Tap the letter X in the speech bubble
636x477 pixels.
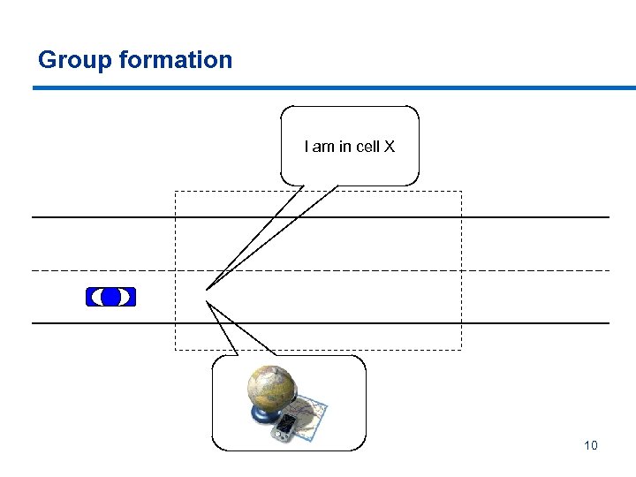(x=389, y=147)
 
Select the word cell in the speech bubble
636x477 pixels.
(x=366, y=147)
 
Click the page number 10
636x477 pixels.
(x=591, y=445)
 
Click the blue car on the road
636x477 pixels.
(x=110, y=297)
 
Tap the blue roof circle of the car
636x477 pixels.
(x=110, y=297)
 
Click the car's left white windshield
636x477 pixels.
(x=95, y=297)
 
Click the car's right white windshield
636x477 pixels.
(x=125, y=297)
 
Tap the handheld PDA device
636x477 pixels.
(x=284, y=428)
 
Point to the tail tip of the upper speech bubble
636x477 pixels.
(x=207, y=288)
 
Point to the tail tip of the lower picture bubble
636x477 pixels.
(x=208, y=302)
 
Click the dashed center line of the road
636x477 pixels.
(x=530, y=270)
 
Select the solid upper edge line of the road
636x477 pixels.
(x=530, y=217)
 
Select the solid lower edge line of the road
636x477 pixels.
(x=530, y=323)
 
